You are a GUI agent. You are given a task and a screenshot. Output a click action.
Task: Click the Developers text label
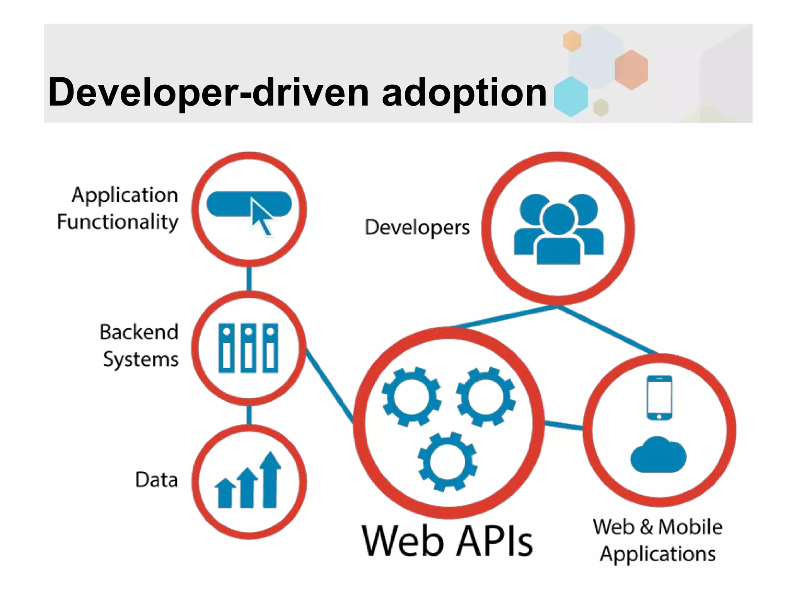[417, 227]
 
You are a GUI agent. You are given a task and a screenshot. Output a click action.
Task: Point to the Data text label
[157, 480]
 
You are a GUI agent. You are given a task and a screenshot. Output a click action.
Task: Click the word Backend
[139, 332]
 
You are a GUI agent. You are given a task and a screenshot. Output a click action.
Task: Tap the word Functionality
[118, 222]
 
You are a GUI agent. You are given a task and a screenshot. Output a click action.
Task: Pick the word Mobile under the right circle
[690, 527]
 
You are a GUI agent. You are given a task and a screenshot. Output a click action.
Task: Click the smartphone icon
[659, 398]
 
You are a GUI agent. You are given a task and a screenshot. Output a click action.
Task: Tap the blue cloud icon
[658, 455]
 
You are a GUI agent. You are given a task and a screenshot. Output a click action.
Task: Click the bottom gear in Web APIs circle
[447, 462]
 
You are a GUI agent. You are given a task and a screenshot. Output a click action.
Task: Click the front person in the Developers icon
[558, 236]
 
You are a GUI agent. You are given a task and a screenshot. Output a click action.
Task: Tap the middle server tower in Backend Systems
[249, 348]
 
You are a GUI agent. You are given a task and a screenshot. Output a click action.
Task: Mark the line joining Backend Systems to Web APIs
[329, 385]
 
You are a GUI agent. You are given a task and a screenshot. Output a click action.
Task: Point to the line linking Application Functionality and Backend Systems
[249, 278]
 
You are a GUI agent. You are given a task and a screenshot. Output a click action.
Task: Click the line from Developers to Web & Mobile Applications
[607, 329]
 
